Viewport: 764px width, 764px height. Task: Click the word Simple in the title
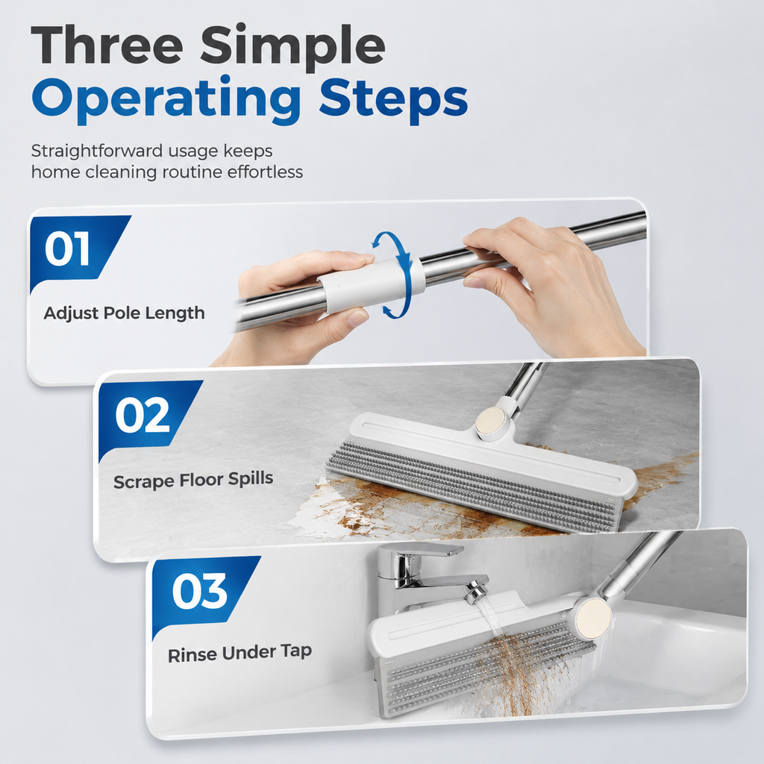click(x=293, y=48)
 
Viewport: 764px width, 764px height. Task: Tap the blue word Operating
click(x=166, y=101)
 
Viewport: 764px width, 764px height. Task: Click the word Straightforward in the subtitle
click(x=97, y=151)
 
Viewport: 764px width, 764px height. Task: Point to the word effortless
click(x=265, y=172)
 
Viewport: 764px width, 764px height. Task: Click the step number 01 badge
click(x=67, y=249)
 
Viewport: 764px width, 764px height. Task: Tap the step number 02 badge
click(x=143, y=416)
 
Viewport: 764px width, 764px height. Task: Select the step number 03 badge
click(x=200, y=591)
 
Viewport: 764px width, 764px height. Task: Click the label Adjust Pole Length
click(x=125, y=313)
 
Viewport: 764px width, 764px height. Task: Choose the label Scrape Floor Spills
click(x=193, y=480)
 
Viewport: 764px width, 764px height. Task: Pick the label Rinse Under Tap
click(x=239, y=653)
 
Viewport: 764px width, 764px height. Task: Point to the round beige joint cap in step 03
click(x=592, y=620)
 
